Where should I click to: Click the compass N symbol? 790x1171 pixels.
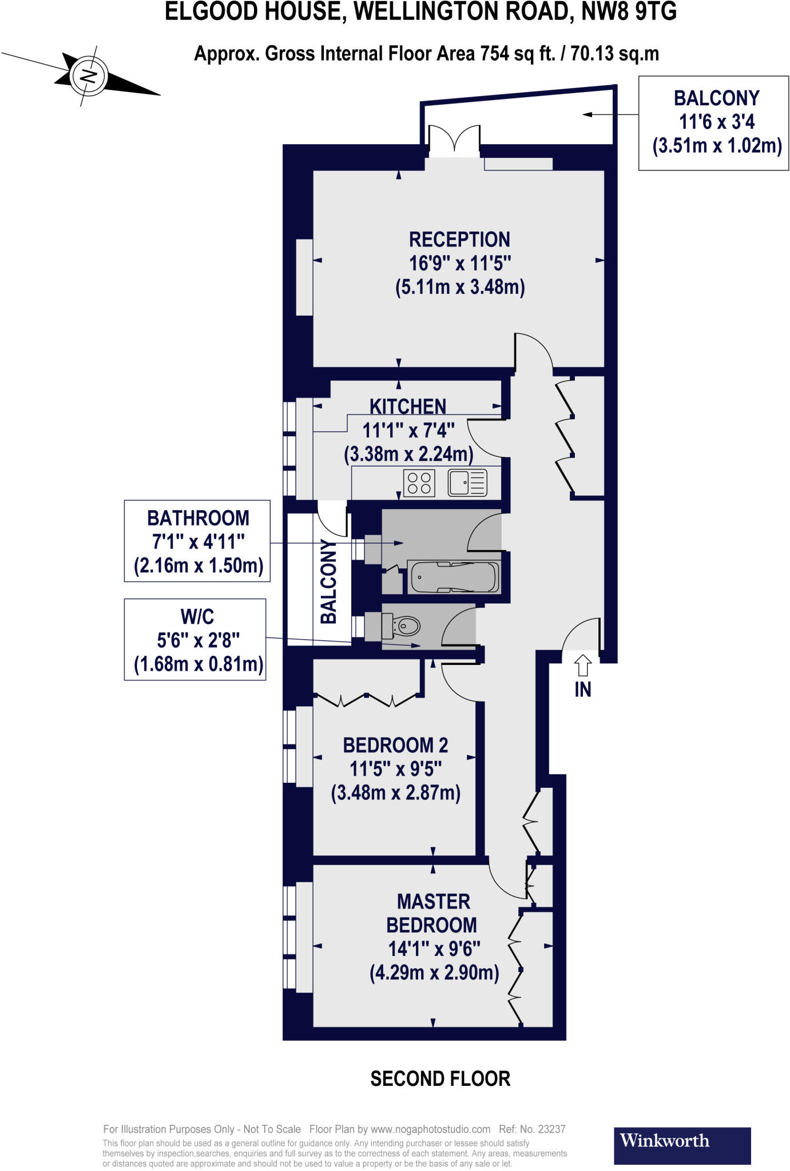(88, 75)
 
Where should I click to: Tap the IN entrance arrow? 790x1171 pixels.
(582, 665)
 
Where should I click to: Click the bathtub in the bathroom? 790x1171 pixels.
(454, 577)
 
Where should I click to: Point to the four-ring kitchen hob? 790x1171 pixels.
(419, 483)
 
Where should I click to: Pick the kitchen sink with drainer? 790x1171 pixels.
(467, 483)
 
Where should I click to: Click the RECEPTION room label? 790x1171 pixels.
(459, 240)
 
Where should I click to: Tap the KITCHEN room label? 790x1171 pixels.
(407, 407)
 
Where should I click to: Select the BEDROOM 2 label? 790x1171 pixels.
(395, 745)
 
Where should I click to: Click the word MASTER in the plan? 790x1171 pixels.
(433, 902)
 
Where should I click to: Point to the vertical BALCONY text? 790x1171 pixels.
(328, 581)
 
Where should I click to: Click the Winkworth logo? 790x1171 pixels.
(682, 1145)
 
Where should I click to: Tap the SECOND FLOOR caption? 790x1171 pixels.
(440, 1078)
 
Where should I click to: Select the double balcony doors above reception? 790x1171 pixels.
(454, 141)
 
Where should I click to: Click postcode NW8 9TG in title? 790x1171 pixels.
(629, 12)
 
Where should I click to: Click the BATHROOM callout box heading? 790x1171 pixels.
(198, 518)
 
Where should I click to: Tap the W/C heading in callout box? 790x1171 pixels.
(197, 616)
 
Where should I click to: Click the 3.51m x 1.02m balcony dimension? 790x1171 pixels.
(717, 146)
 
